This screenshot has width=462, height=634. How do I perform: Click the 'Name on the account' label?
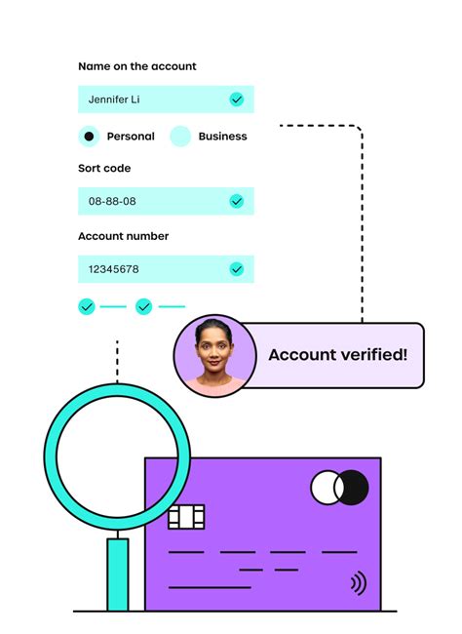[x=137, y=66]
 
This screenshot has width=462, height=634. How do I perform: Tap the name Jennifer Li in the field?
[x=114, y=99]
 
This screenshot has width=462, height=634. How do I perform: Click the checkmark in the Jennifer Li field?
[x=237, y=99]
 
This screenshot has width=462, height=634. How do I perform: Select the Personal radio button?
[x=89, y=137]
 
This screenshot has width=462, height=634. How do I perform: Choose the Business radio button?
[x=180, y=137]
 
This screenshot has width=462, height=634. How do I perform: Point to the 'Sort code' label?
[x=104, y=168]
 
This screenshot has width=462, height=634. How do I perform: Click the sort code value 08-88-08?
[x=112, y=201]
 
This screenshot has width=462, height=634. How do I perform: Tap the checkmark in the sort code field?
[x=237, y=201]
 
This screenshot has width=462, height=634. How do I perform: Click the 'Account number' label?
[x=123, y=236]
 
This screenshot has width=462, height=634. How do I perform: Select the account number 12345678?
[x=114, y=269]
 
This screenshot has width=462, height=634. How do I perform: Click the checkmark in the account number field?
[x=237, y=269]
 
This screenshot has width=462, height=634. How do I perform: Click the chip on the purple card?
[x=186, y=517]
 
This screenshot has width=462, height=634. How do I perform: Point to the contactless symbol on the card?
[x=359, y=583]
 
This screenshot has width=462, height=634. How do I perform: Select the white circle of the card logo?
[x=324, y=488]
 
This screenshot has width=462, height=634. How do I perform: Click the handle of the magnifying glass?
[x=118, y=575]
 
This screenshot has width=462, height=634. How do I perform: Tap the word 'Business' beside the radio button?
[x=222, y=137]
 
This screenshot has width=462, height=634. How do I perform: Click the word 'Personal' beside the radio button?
[x=131, y=137]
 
